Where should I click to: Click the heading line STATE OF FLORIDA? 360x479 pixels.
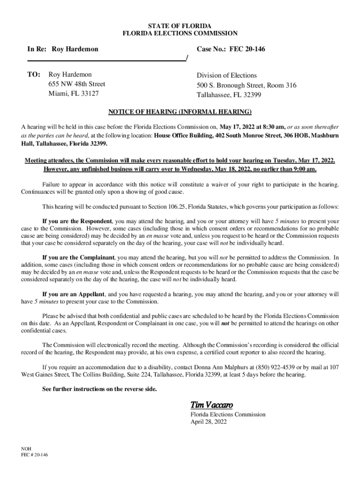click(180, 25)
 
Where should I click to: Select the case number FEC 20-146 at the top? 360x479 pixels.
click(247, 49)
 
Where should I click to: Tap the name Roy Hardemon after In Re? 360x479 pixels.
click(75, 49)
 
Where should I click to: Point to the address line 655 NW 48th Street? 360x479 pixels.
click(77, 84)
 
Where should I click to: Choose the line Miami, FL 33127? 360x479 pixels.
click(73, 94)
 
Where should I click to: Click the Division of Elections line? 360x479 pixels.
click(226, 75)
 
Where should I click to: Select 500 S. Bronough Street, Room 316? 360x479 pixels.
click(246, 86)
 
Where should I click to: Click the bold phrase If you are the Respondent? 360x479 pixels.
click(77, 221)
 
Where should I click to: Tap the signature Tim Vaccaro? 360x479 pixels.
click(211, 405)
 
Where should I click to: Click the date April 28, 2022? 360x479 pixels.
click(208, 421)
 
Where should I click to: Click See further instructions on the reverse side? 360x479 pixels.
click(100, 389)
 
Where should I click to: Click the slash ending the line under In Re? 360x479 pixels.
click(187, 58)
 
